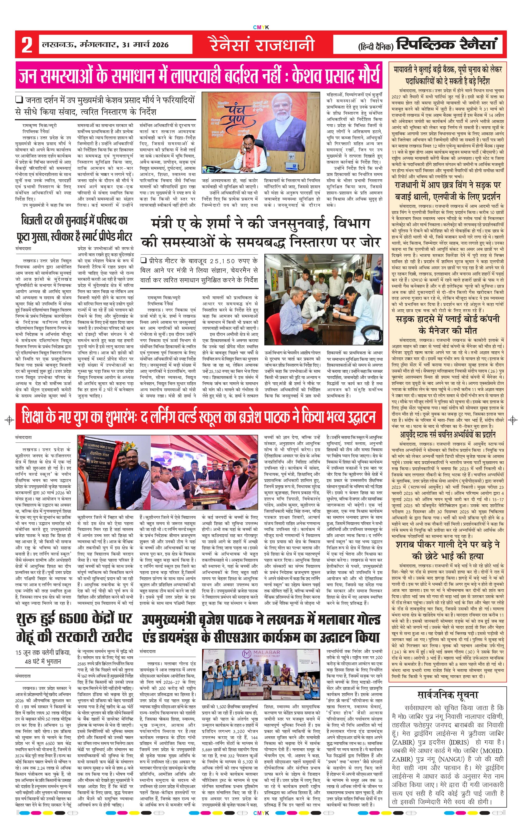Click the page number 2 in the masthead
pyautogui.click(x=27, y=45)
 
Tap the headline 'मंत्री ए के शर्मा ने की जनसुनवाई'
pyautogui.click(x=261, y=223)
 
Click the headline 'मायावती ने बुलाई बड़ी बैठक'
pyautogui.click(x=448, y=69)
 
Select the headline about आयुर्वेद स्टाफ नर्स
pyautogui.click(x=448, y=435)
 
